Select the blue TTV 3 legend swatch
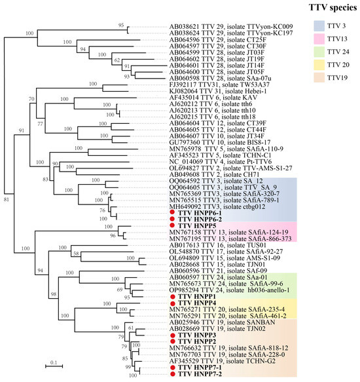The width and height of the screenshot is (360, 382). click(319, 30)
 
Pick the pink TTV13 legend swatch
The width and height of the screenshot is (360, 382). click(319, 53)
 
